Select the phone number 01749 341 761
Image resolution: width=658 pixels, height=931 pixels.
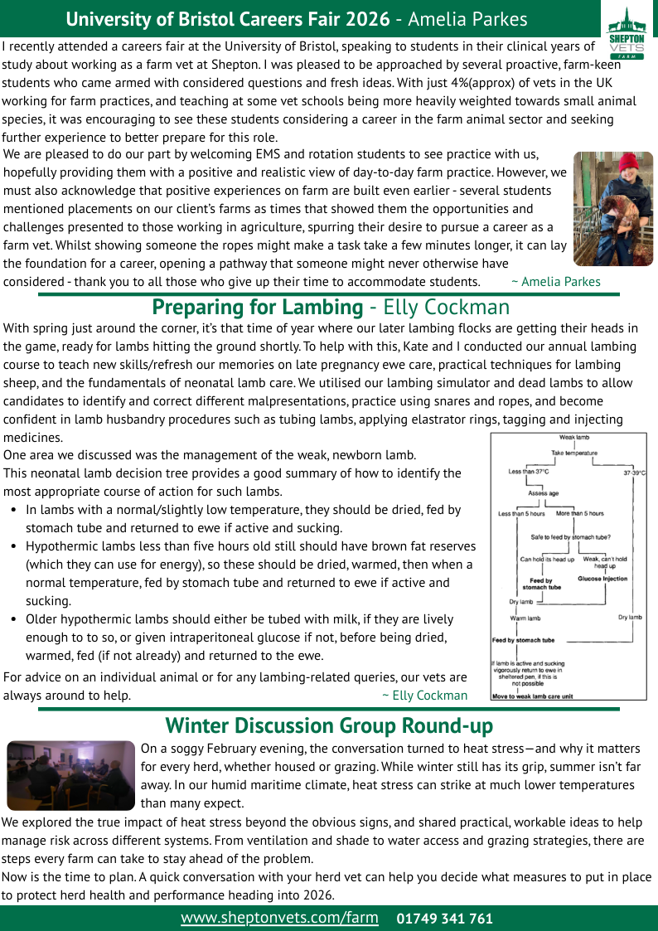coord(444,919)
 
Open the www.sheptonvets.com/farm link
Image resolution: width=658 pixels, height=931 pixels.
coord(279,918)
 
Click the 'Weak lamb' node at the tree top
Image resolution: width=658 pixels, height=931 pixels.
coord(574,437)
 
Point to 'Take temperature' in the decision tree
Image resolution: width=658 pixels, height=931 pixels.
coord(574,453)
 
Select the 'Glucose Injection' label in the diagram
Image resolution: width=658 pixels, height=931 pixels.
coord(602,579)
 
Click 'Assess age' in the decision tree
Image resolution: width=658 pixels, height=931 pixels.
coord(544,492)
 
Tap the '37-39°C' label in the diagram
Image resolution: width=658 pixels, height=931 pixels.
coord(634,473)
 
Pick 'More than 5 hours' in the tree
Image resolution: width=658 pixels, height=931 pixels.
coord(580,513)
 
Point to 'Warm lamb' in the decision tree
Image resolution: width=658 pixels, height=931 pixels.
coord(525,618)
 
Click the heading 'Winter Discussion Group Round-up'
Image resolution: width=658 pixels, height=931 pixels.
coord(329,726)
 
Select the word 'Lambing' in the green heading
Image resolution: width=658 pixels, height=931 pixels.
coord(318,308)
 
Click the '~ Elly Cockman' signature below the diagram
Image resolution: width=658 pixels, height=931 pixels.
coord(424,696)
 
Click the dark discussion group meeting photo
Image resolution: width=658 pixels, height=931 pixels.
coord(70,775)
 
